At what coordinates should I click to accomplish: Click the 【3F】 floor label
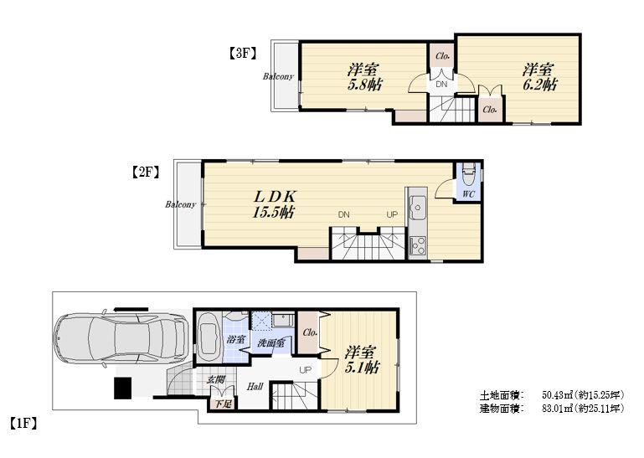tap(241, 53)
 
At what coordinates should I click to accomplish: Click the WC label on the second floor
tap(466, 195)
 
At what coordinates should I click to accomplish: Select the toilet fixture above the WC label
tap(467, 174)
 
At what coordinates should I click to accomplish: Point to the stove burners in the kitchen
tap(416, 244)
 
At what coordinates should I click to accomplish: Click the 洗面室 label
tap(271, 343)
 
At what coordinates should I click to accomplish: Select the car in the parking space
tap(119, 338)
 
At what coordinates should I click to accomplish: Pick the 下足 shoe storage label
tap(221, 404)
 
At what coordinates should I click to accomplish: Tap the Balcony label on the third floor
tap(278, 77)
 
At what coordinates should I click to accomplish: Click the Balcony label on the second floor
tap(181, 204)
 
